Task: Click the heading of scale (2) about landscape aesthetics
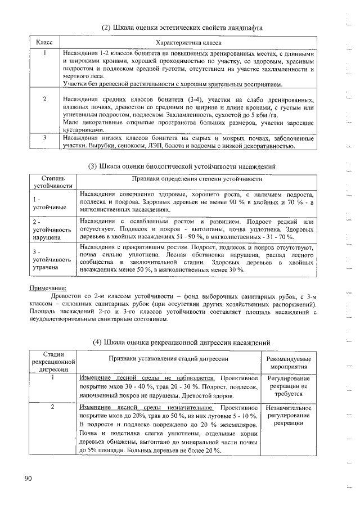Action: [182, 28]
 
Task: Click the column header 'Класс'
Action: [44, 43]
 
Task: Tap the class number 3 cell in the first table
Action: [44, 137]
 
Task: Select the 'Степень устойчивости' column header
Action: [53, 182]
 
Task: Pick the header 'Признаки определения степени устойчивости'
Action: [196, 178]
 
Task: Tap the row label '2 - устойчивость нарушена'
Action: [52, 229]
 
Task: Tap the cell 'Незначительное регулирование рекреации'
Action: [289, 415]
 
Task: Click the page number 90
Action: [29, 478]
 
